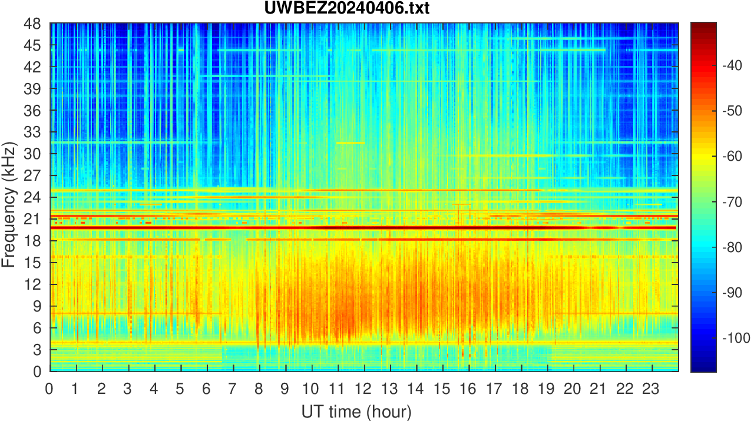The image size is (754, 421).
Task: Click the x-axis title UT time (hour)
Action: click(x=356, y=411)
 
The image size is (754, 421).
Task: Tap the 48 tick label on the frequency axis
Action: click(x=33, y=24)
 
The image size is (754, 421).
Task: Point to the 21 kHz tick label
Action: click(x=33, y=219)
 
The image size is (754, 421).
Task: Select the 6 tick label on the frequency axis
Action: click(x=37, y=328)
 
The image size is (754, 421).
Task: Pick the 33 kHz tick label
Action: click(x=33, y=132)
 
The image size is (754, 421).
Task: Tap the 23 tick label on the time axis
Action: click(x=652, y=389)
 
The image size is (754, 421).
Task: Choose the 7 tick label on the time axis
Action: click(x=233, y=389)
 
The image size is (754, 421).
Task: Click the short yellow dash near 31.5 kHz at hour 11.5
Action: click(x=350, y=142)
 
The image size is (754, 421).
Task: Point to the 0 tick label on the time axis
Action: click(x=49, y=389)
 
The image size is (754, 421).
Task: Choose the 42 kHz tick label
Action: click(x=33, y=68)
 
